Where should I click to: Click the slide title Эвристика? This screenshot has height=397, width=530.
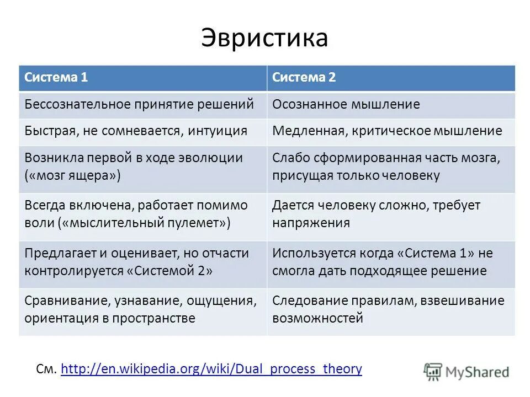click(x=264, y=38)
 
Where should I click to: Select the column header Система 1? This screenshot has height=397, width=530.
click(x=56, y=78)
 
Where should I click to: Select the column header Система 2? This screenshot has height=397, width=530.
click(x=304, y=78)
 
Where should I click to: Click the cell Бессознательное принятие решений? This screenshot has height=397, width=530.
click(x=139, y=104)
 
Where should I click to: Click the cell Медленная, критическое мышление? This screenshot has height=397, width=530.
click(x=387, y=131)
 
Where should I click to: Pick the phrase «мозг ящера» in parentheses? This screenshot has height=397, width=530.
click(x=72, y=176)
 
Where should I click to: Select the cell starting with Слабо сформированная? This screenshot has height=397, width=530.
click(x=386, y=167)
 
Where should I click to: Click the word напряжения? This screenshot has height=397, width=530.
click(x=311, y=223)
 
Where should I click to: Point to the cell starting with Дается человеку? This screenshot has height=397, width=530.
click(x=376, y=214)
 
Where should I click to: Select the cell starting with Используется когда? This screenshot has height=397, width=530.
click(x=383, y=262)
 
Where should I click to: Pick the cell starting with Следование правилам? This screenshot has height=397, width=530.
click(x=388, y=309)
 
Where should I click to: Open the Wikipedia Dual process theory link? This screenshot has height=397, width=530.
click(x=211, y=369)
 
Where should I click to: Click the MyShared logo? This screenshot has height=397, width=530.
click(x=467, y=371)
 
